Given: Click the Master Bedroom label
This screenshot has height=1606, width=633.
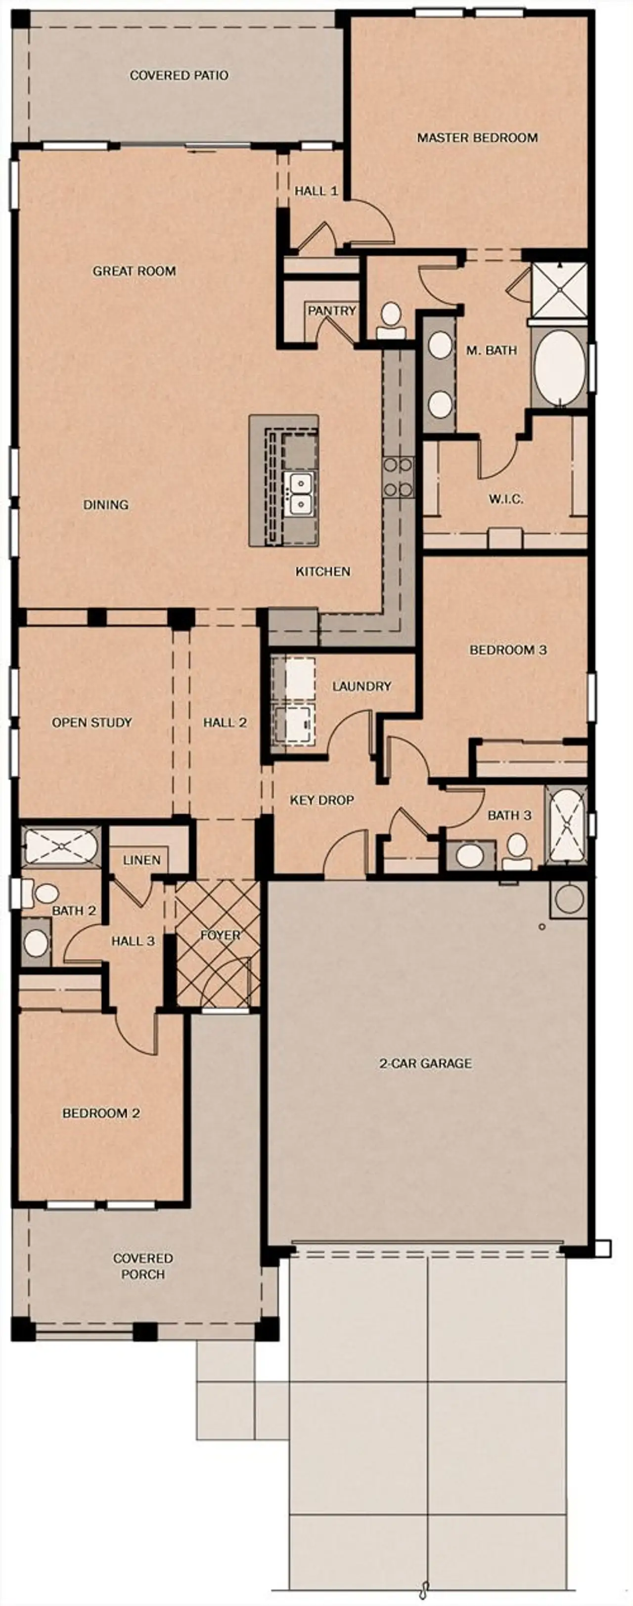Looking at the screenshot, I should click(x=477, y=138).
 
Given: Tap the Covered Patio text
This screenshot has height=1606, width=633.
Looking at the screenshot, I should click(x=179, y=76).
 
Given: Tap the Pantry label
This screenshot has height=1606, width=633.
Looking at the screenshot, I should click(x=331, y=310).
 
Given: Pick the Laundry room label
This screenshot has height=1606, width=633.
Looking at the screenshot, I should click(x=362, y=687).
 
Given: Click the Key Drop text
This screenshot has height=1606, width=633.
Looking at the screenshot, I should click(x=322, y=800).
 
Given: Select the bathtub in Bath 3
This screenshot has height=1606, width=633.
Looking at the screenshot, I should click(x=566, y=825).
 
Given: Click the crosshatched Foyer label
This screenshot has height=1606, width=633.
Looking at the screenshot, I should click(x=220, y=935).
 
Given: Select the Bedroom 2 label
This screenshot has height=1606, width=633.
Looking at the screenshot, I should click(x=100, y=1113).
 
